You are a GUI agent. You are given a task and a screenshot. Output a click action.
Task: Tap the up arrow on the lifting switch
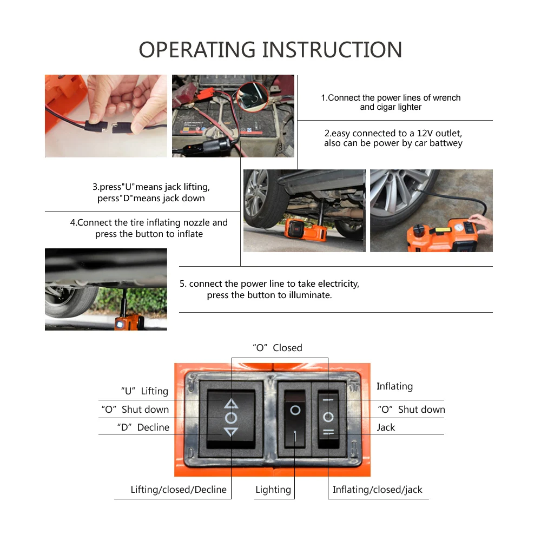tap(231, 403)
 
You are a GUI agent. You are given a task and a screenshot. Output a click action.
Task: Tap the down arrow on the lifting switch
tap(231, 432)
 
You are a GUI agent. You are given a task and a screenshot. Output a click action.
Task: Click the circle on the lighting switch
tap(295, 410)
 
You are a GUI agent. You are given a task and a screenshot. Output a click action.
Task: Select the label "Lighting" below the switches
tap(273, 490)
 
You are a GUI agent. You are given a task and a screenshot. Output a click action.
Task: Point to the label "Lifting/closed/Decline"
tap(179, 490)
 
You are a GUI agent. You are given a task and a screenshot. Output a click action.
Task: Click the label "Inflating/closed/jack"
tap(377, 490)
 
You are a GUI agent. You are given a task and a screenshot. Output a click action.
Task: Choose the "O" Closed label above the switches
tap(278, 348)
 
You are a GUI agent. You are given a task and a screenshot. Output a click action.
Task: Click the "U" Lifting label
tap(144, 391)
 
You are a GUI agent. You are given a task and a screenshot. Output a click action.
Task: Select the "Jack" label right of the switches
tap(386, 427)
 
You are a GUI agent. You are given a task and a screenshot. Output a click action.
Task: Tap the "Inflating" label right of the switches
tap(394, 386)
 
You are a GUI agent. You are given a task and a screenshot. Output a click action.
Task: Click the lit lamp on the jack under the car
tap(120, 325)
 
